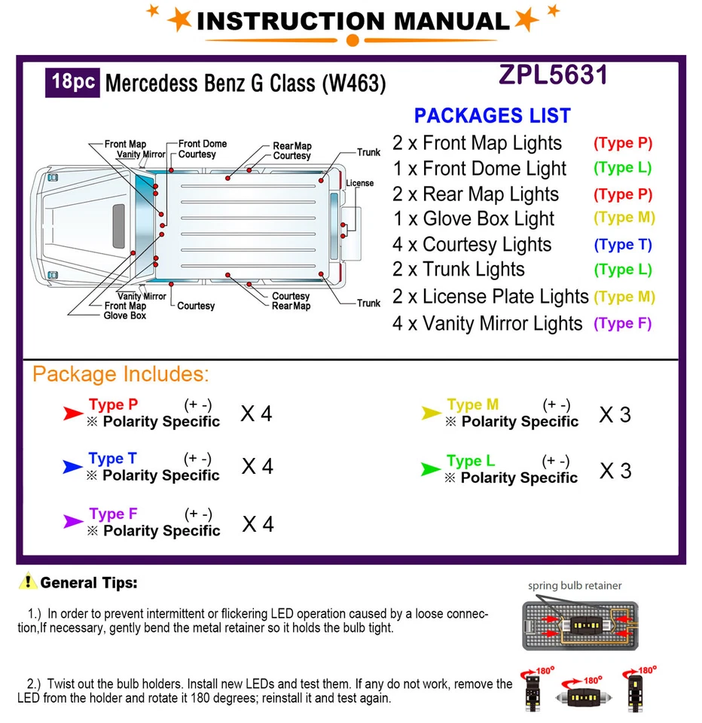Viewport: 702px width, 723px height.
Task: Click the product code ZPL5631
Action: (553, 75)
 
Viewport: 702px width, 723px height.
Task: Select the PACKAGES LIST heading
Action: (492, 116)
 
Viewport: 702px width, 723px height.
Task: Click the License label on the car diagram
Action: (359, 183)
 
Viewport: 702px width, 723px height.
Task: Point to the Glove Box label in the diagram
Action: (125, 316)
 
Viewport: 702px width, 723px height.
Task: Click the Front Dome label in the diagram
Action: (202, 144)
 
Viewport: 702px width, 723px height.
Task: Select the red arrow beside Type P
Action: (73, 413)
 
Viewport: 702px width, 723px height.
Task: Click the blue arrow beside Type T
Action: (72, 467)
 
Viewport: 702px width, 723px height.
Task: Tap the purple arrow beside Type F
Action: (73, 521)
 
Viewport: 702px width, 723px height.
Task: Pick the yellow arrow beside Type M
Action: (431, 413)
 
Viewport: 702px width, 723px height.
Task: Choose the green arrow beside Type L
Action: (430, 469)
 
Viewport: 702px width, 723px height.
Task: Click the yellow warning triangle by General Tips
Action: (29, 581)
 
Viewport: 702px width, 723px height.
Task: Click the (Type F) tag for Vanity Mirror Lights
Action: (622, 324)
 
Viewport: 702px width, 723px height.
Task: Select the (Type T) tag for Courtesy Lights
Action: (622, 245)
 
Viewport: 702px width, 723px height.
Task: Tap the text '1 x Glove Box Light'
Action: (473, 219)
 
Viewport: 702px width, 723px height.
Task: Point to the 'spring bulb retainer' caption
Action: (575, 585)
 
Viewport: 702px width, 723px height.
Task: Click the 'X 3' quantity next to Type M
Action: (615, 414)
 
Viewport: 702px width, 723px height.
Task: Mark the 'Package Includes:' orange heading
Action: (121, 374)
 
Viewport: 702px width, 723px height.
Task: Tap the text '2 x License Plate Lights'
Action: (490, 297)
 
